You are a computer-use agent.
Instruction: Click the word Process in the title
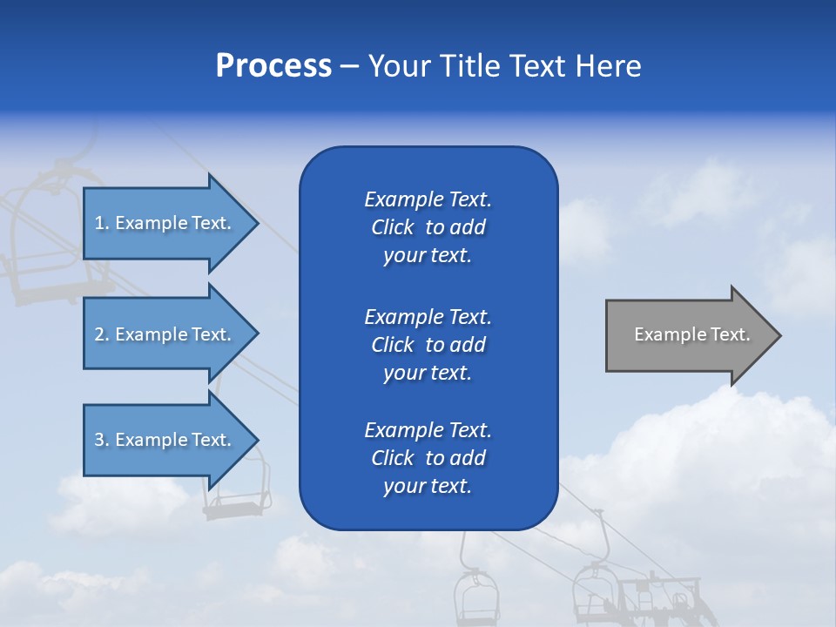click(x=273, y=66)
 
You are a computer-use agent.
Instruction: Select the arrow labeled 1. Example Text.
click(x=165, y=223)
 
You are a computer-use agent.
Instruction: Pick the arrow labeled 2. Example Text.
click(x=165, y=334)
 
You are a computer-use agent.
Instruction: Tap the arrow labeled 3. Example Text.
click(x=165, y=440)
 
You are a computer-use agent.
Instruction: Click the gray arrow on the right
click(x=688, y=335)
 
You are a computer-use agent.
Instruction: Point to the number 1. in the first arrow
click(x=102, y=224)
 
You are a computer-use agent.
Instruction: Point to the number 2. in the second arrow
click(x=102, y=335)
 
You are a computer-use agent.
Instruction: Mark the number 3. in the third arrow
click(x=102, y=441)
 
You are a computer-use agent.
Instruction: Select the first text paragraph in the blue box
click(x=428, y=227)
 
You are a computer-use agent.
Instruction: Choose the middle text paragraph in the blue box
click(x=428, y=344)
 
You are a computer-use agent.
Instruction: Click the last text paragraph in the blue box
click(x=428, y=458)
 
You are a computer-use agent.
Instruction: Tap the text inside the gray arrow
click(x=691, y=334)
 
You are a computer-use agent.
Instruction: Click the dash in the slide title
click(x=349, y=67)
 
